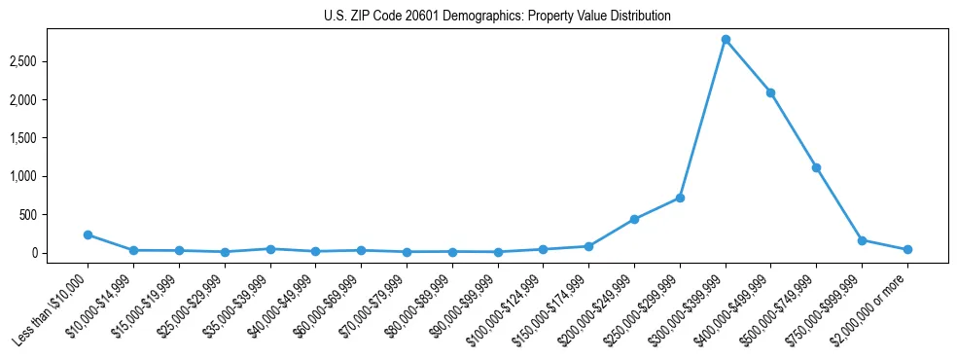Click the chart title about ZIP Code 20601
(497, 17)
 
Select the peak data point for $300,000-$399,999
(726, 39)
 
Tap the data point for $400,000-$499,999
(771, 92)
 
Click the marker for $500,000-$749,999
(817, 167)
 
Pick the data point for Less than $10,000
(89, 234)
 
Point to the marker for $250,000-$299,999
(680, 198)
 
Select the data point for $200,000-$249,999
(634, 219)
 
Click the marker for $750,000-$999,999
(862, 239)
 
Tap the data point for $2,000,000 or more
(907, 249)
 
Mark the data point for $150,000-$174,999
(589, 246)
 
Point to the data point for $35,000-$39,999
(270, 249)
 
